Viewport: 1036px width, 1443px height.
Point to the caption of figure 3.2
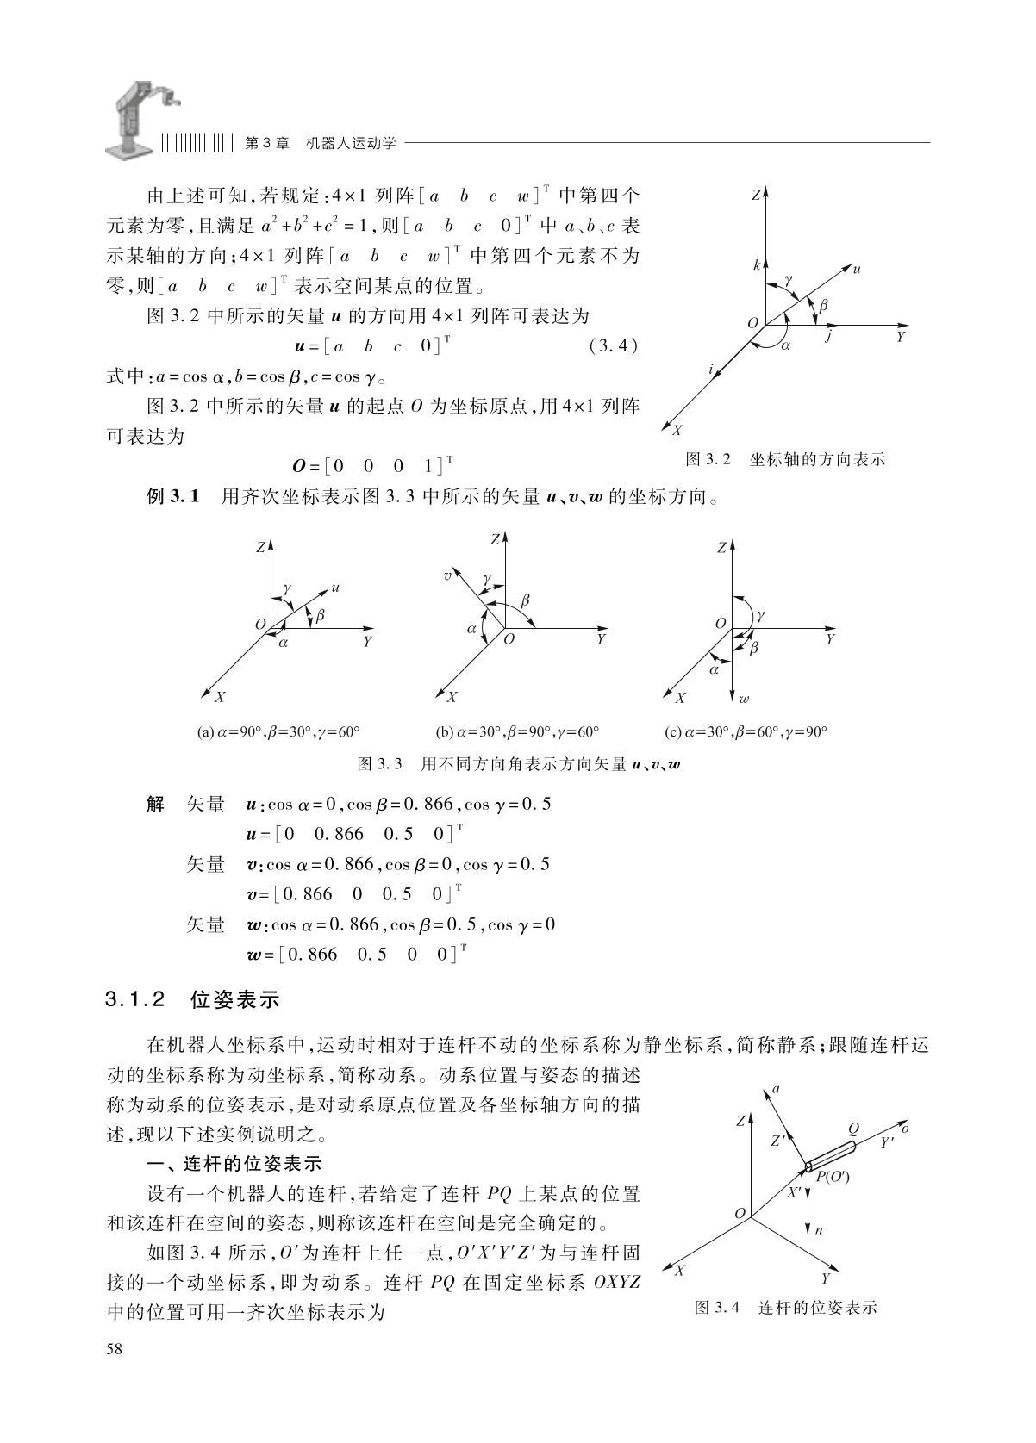pos(784,459)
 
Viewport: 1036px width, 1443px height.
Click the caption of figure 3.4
pos(785,1308)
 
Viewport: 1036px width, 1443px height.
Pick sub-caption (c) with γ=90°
pos(746,732)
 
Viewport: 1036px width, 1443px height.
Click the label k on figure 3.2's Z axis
pos(757,266)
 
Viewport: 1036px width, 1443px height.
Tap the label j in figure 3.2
pos(828,338)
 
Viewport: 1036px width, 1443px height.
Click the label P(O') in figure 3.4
pos(832,1177)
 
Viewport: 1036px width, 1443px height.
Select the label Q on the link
pos(853,1129)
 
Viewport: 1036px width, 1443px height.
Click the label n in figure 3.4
pos(819,1230)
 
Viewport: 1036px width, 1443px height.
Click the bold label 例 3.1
pos(173,497)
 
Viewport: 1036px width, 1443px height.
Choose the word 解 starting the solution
pos(155,805)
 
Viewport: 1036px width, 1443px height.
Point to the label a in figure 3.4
pos(776,1089)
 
